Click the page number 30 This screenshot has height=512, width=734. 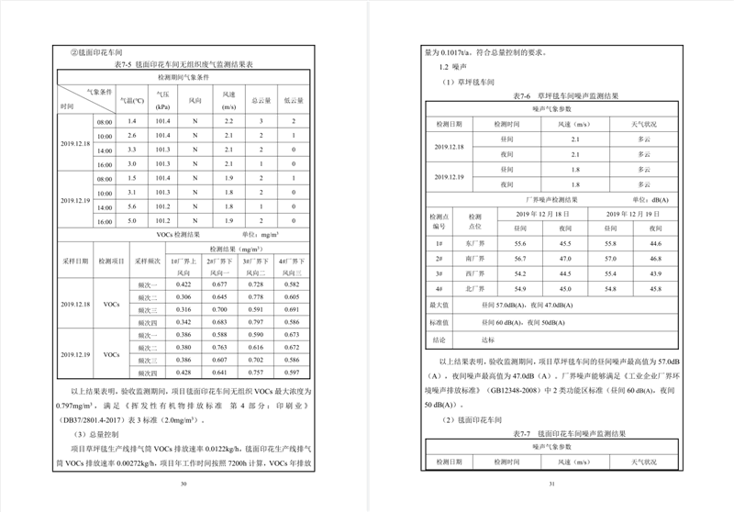pos(183,483)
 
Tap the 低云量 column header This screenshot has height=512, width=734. pos(293,99)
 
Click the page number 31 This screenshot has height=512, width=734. pos(550,483)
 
